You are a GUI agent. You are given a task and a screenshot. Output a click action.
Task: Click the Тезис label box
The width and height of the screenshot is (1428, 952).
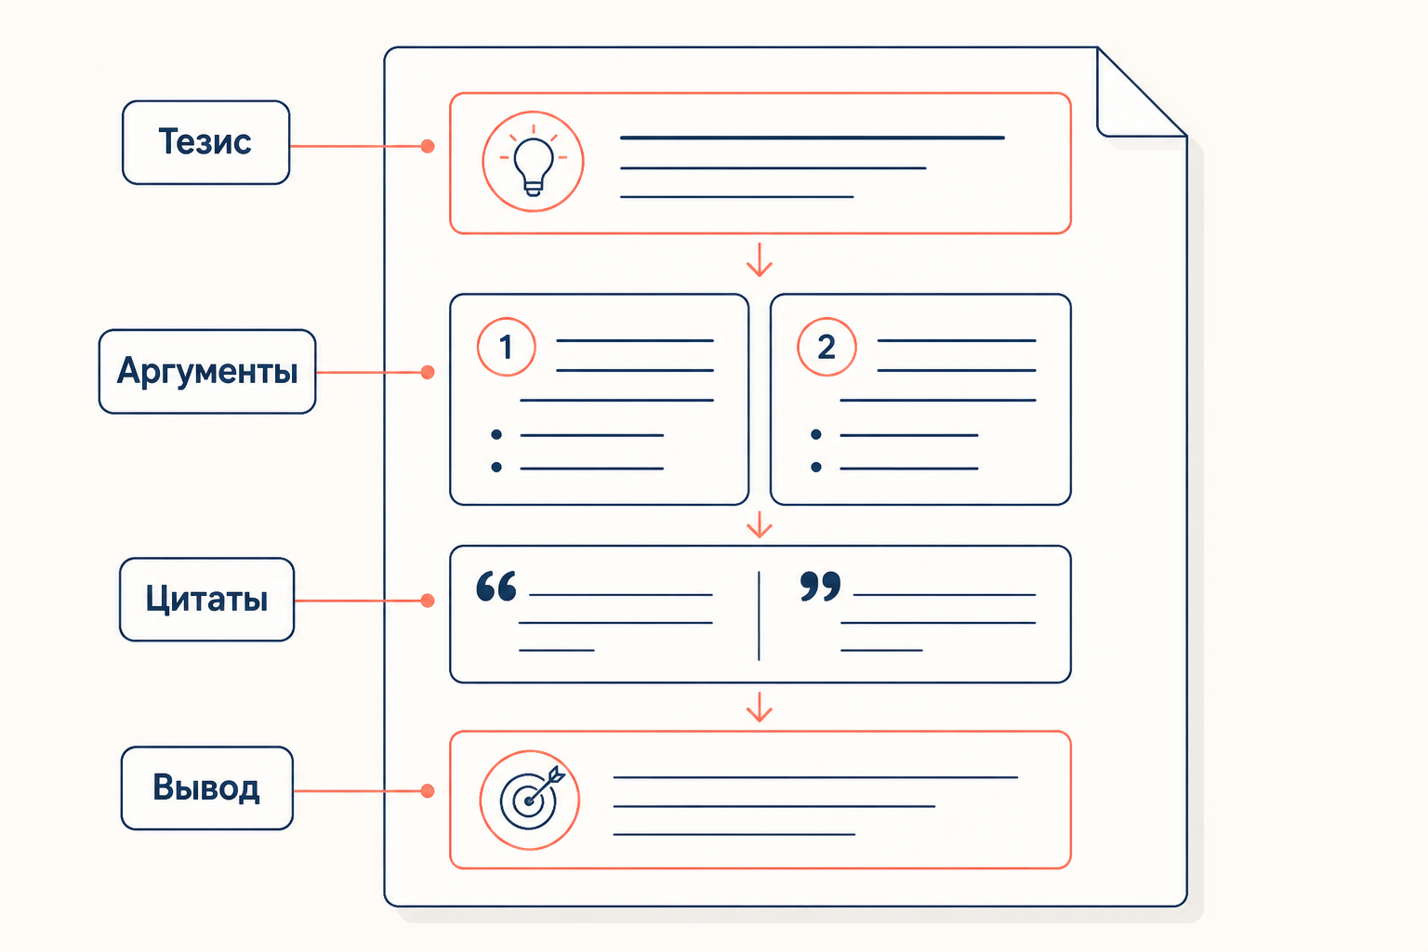[205, 143]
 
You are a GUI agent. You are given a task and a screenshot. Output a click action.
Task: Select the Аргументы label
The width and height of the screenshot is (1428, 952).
[207, 372]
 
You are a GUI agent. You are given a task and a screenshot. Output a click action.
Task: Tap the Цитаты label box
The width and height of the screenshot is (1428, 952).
[207, 600]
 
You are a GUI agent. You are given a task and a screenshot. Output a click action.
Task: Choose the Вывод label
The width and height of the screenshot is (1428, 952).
[207, 788]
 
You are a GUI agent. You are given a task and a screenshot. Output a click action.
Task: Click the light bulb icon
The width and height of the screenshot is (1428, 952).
[533, 162]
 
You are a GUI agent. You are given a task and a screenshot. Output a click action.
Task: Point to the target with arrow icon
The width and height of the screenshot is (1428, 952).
[530, 800]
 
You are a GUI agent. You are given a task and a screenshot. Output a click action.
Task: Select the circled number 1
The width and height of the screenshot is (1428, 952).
[506, 347]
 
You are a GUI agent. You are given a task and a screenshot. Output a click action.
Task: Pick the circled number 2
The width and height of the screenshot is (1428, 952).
[826, 347]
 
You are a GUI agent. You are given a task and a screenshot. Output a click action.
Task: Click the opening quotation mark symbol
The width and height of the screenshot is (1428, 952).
[496, 586]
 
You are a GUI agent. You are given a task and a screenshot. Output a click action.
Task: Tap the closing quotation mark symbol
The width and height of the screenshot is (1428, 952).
[821, 586]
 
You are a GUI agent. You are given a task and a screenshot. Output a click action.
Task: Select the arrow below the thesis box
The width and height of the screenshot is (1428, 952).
[760, 259]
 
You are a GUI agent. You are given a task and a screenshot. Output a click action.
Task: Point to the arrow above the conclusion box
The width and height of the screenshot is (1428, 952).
[760, 707]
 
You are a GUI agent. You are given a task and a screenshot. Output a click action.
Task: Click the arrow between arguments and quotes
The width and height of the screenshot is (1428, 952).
[760, 524]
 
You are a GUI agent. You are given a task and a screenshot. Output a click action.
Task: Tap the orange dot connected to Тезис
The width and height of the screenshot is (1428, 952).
[428, 147]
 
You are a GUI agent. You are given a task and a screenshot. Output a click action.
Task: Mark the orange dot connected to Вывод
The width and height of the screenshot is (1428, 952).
[428, 791]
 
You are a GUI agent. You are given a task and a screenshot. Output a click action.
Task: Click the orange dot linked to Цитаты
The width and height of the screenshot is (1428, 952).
[428, 601]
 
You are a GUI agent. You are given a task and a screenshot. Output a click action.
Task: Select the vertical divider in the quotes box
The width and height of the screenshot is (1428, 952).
[759, 616]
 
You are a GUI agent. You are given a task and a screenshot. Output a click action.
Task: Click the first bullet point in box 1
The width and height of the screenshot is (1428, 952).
[496, 435]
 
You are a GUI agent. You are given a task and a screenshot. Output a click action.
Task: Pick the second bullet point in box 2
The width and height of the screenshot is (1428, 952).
[816, 468]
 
